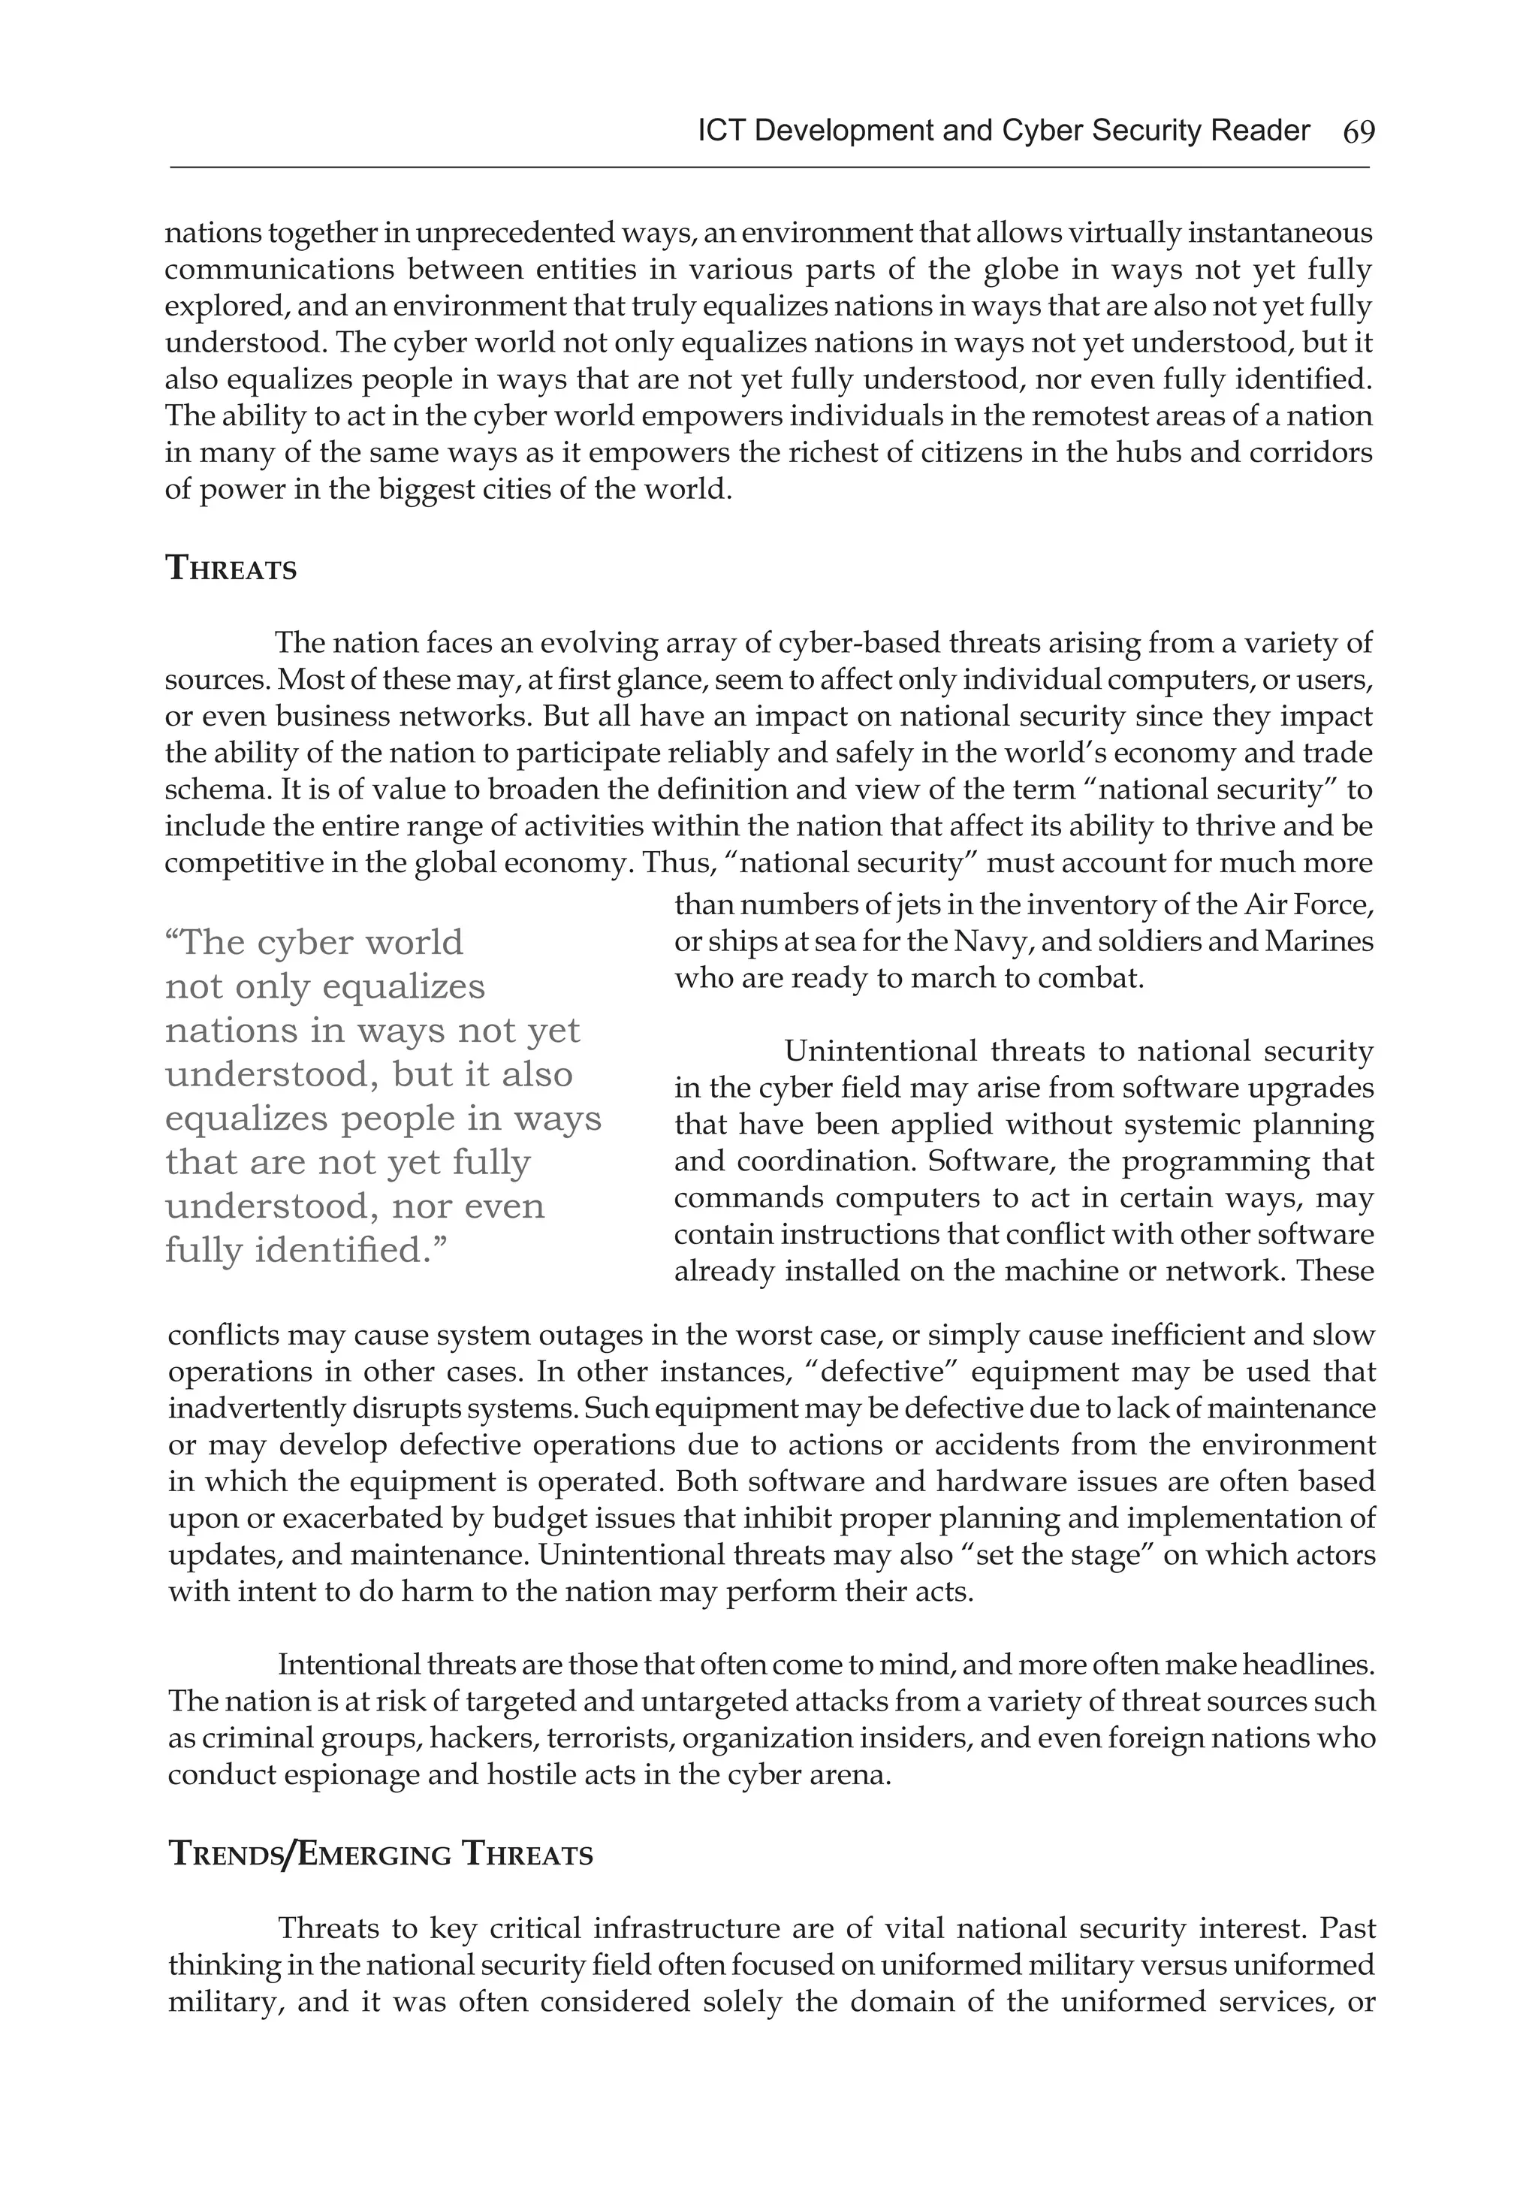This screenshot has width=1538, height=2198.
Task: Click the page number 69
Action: click(1358, 132)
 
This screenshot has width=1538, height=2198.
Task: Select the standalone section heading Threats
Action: click(231, 569)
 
